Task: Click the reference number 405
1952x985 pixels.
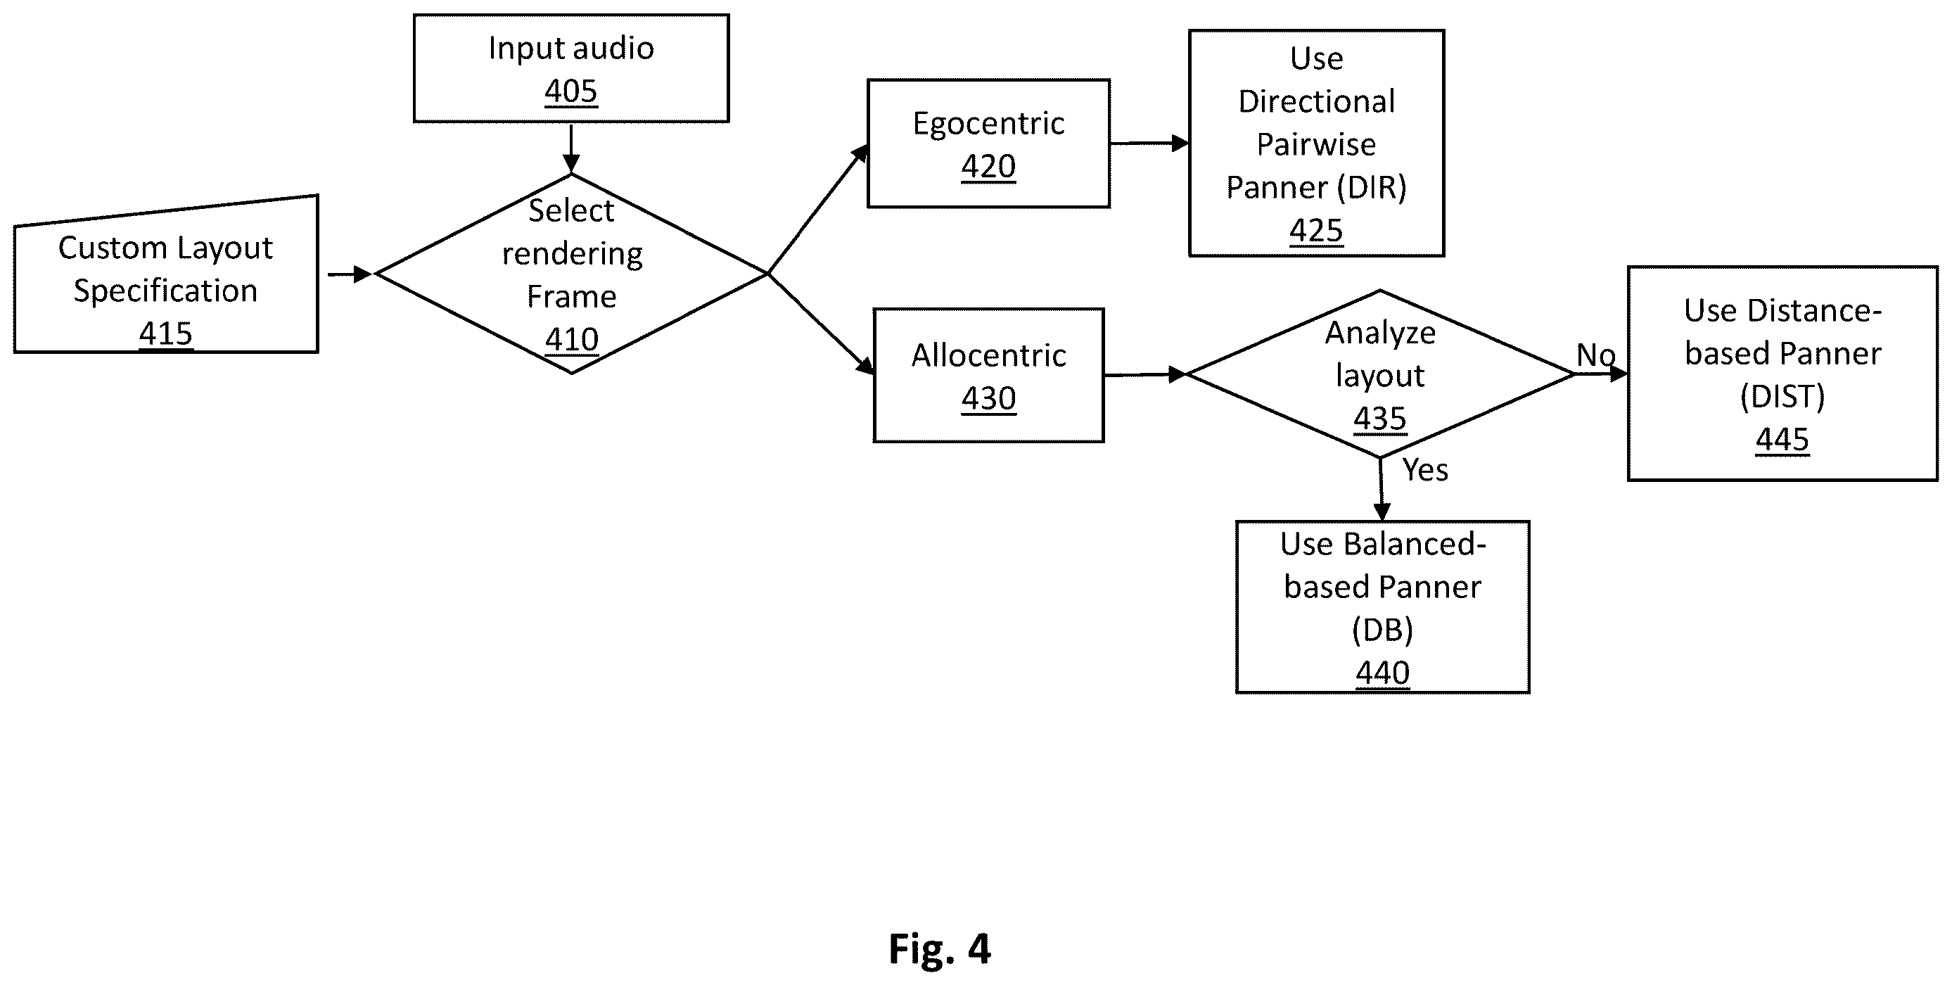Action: [570, 91]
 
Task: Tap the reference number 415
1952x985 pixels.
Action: [166, 333]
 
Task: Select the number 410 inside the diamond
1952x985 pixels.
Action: [571, 338]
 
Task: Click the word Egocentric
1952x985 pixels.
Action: [988, 124]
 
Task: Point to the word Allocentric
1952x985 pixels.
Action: [988, 355]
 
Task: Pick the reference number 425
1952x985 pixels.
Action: [1316, 230]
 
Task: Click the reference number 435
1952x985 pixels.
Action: [1380, 418]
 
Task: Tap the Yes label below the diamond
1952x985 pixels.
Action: [1424, 471]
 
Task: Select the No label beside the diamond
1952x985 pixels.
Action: [1596, 355]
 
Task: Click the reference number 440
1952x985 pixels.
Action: [1382, 673]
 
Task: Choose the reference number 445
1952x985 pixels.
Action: [1782, 440]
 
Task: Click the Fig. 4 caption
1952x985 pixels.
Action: [940, 948]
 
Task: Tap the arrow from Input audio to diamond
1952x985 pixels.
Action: [571, 148]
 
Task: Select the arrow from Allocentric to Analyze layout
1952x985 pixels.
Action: [1145, 374]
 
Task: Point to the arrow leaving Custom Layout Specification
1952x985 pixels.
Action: [350, 274]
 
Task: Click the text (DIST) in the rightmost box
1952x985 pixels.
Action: [1782, 396]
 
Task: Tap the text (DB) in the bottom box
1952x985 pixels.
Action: [1382, 630]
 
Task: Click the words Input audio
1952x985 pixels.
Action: [570, 48]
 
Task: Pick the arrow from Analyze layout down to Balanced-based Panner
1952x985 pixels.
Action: [1382, 490]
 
